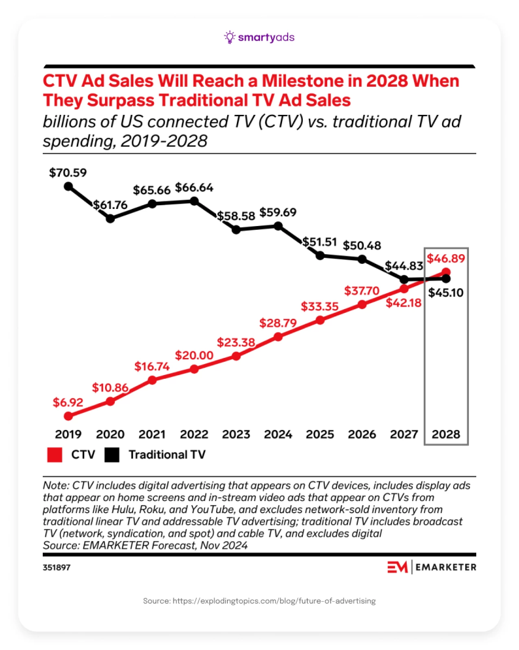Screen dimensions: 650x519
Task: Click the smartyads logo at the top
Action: coord(259,37)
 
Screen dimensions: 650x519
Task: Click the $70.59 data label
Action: coord(68,173)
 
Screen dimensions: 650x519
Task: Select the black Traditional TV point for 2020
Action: coord(110,219)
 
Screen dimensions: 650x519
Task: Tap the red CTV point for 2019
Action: coord(68,416)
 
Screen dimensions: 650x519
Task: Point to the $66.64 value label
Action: coord(194,188)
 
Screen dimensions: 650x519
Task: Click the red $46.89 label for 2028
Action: coord(446,259)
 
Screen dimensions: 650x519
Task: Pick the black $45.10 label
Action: coord(446,293)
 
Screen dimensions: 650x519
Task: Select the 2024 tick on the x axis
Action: coord(278,435)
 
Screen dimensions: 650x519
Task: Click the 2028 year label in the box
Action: coord(446,435)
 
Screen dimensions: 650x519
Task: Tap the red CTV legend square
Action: coord(55,455)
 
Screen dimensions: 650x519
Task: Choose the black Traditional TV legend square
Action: coord(112,455)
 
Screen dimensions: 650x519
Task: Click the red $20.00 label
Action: coord(194,356)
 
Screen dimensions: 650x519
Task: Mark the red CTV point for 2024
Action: coord(278,337)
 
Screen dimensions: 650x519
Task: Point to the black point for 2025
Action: coord(320,256)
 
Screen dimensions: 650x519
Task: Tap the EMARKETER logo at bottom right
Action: coord(431,567)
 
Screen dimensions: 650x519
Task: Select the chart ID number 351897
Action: coord(57,567)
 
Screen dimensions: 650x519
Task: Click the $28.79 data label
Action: coord(278,323)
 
